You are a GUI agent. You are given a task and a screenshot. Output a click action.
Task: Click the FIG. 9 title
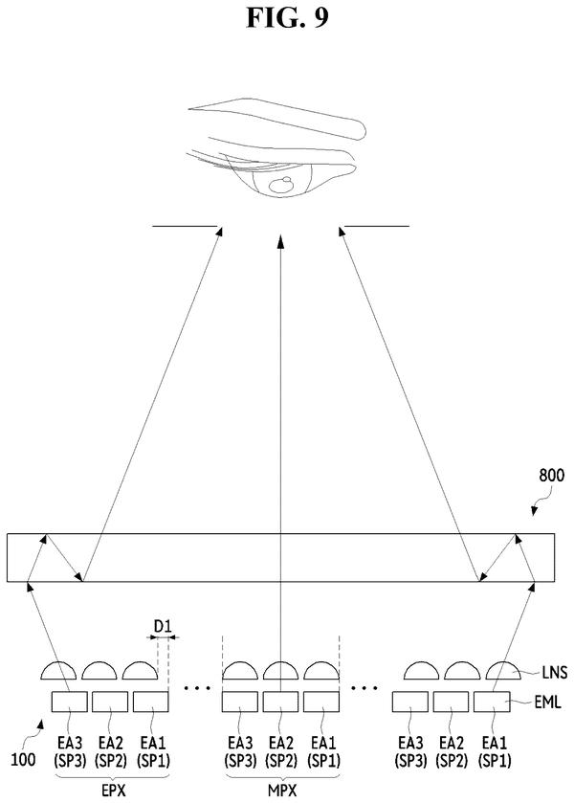(x=287, y=18)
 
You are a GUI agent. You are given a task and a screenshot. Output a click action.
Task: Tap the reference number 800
(x=551, y=476)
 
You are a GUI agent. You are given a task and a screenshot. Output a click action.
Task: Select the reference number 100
(x=24, y=758)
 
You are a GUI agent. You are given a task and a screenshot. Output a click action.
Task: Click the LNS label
(x=555, y=672)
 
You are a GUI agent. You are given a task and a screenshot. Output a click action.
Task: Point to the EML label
(x=548, y=702)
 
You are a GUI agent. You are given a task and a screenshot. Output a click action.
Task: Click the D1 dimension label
(x=163, y=625)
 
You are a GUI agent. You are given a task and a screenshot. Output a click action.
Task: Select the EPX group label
(x=113, y=791)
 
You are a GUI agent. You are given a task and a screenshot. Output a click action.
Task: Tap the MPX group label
(x=282, y=791)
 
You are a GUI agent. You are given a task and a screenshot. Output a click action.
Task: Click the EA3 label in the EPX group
(x=69, y=743)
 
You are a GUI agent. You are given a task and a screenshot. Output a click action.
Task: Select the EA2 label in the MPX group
(x=280, y=743)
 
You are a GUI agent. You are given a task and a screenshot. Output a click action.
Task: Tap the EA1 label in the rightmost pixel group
(x=495, y=743)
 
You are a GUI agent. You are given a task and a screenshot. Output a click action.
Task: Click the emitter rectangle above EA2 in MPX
(x=280, y=702)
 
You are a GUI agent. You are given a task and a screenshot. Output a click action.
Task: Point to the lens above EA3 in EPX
(x=58, y=671)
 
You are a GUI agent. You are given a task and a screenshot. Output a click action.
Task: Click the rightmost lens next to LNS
(x=503, y=671)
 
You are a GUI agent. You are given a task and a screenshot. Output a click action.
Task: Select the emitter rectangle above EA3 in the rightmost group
(x=410, y=702)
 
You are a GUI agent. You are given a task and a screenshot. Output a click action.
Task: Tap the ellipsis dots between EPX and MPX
(x=197, y=688)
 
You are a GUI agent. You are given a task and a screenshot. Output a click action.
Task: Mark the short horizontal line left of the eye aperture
(x=185, y=226)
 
